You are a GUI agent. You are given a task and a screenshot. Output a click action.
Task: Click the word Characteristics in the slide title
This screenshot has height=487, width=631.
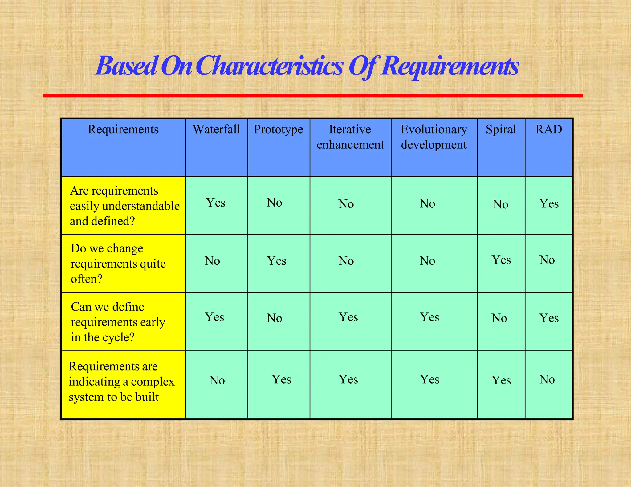point(269,66)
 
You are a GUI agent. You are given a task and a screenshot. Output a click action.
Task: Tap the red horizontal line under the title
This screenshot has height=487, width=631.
point(313,96)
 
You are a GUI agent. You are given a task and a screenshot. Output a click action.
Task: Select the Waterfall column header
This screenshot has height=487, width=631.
point(216,130)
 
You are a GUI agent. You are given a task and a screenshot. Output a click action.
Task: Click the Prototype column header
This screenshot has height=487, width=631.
point(278,130)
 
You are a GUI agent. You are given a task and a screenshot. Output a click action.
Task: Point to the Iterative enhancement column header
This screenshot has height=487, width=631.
point(350,137)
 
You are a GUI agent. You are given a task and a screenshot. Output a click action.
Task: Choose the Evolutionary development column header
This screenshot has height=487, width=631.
point(434,137)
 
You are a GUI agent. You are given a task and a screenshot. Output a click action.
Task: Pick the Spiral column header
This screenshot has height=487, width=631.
point(501,130)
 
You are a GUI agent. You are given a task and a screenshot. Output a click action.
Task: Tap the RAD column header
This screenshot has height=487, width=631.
point(548,130)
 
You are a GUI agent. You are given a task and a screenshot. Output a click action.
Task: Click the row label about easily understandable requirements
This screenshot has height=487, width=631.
point(124,206)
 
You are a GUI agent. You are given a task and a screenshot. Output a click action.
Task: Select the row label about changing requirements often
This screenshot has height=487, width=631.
point(118,264)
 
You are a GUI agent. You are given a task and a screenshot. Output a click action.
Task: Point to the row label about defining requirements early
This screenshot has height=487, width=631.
point(118,322)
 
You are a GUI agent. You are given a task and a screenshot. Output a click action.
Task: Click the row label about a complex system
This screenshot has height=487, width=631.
point(121,382)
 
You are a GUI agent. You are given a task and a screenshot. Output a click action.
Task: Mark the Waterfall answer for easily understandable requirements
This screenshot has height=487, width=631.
point(216,203)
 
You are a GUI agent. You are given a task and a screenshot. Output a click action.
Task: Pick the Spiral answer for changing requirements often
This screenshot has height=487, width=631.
point(501,260)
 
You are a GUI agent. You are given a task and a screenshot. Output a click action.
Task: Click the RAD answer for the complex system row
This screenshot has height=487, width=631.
point(547,380)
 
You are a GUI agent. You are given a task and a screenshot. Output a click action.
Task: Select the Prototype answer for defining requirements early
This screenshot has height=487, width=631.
point(274,318)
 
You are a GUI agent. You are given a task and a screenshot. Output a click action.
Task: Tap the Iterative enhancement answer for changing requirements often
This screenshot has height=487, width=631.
point(346,261)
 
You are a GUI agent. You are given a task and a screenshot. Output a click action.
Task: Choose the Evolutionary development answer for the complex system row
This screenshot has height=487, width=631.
point(429,380)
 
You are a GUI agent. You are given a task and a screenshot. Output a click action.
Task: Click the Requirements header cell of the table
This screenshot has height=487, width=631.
point(123,130)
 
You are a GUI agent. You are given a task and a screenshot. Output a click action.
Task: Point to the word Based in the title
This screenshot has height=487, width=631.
point(126,66)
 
